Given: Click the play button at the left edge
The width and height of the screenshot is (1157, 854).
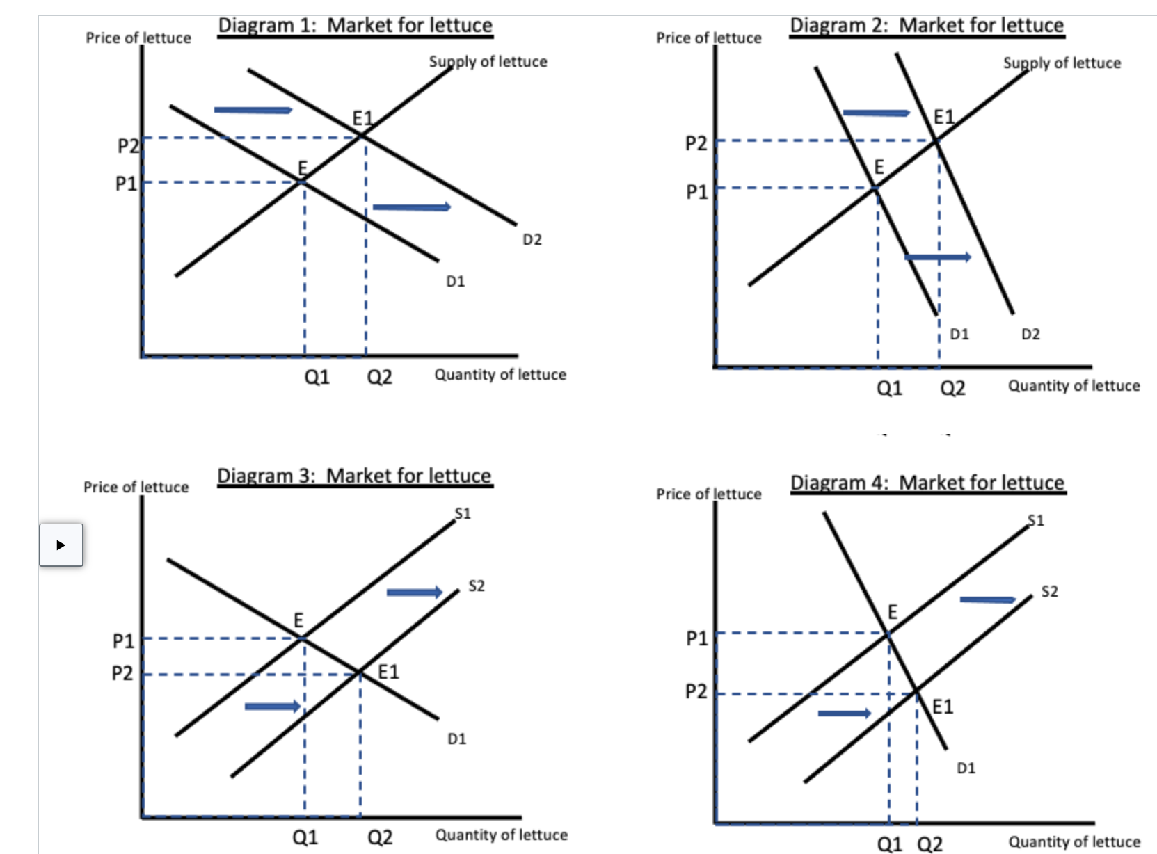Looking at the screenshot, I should click(x=61, y=545).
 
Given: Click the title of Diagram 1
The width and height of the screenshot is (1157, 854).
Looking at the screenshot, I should click(x=355, y=26).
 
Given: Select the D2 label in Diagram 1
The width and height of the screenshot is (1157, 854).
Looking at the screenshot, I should click(x=532, y=240).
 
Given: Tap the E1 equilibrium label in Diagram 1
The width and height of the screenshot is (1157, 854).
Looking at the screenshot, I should click(x=362, y=118).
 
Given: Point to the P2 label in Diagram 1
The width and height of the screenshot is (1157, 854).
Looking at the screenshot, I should click(x=127, y=146).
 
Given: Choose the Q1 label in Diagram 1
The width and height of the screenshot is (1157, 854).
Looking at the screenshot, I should click(x=317, y=378).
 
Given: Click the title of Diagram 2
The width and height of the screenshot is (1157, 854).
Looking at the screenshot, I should click(x=927, y=26).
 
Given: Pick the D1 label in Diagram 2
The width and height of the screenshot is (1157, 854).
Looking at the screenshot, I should click(x=959, y=335).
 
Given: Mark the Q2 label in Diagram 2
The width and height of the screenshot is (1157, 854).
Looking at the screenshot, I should click(x=952, y=388).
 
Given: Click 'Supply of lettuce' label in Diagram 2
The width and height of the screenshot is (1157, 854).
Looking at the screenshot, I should click(x=1062, y=63).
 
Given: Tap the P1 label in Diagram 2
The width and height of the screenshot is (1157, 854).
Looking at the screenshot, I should click(x=696, y=192).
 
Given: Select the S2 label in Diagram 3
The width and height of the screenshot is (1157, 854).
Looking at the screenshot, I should click(x=477, y=586).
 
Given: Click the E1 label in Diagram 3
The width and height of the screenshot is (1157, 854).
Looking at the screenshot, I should click(x=388, y=672).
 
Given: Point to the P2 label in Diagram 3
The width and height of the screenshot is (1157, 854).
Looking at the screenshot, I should click(x=122, y=673).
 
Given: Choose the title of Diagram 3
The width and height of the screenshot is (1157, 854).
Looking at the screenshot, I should click(x=354, y=476).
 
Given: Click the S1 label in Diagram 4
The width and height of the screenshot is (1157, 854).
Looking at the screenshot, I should click(x=1036, y=521).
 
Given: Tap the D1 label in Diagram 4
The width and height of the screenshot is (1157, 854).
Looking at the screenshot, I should click(x=966, y=768).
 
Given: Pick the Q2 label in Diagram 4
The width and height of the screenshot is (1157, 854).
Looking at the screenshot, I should click(x=930, y=844).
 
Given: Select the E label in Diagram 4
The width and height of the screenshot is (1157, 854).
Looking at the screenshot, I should click(x=893, y=612).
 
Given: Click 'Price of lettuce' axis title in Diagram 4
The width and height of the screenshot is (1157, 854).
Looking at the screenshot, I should click(x=708, y=494).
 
